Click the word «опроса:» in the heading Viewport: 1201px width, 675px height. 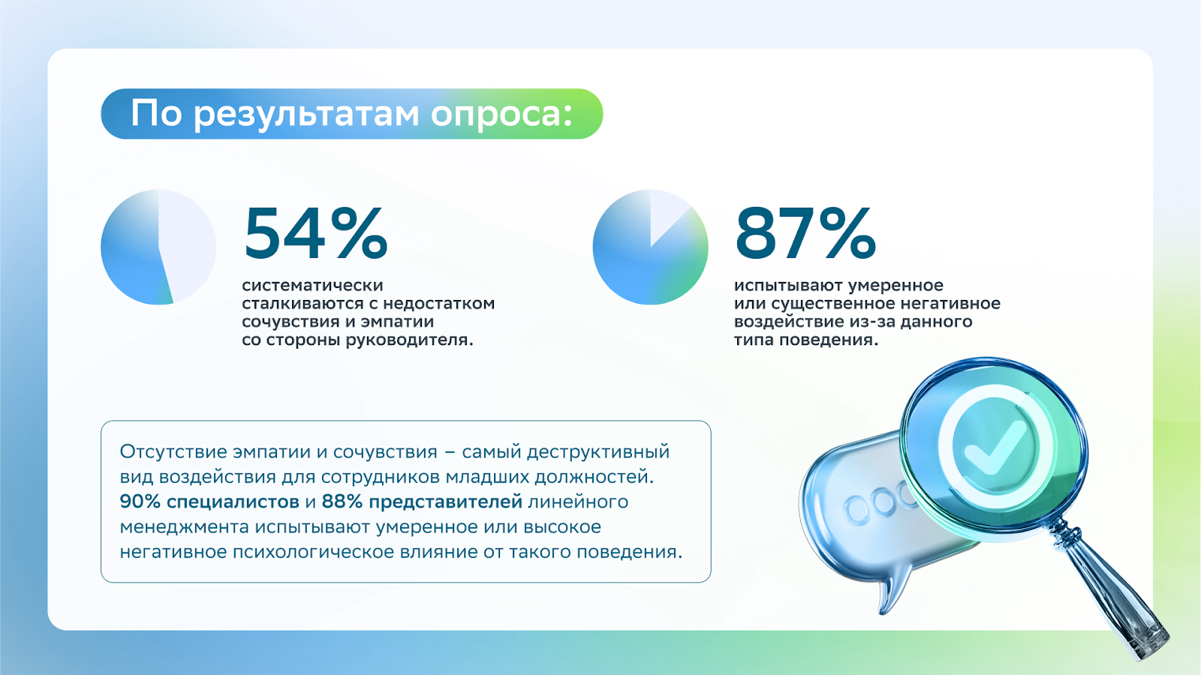coord(502,114)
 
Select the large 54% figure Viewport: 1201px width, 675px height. coord(316,234)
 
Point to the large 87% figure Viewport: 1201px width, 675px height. coord(805,234)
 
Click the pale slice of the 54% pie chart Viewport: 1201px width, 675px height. coord(187,244)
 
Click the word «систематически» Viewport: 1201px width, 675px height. coord(312,285)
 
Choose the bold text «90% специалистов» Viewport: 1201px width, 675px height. coord(209,502)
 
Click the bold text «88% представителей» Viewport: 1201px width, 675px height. coord(422,502)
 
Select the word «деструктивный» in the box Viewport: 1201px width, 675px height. coord(598,452)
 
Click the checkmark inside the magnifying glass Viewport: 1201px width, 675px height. coord(995,447)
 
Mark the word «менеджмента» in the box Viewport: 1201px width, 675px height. coord(184,527)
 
